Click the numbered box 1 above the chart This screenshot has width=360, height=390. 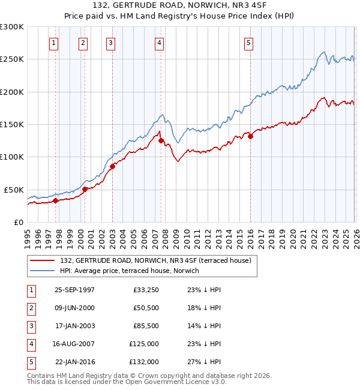(x=54, y=43)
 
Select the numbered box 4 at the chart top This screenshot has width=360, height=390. (x=159, y=43)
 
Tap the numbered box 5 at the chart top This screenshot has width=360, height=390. (x=248, y=43)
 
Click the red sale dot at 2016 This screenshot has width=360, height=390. (x=250, y=136)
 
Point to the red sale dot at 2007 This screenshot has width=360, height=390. (x=161, y=141)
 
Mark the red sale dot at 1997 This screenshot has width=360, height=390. (x=56, y=200)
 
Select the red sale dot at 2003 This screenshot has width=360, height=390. (x=112, y=166)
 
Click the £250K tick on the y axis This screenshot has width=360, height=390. (x=12, y=59)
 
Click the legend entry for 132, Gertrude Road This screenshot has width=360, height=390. (x=158, y=260)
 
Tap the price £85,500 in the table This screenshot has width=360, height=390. (x=145, y=326)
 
